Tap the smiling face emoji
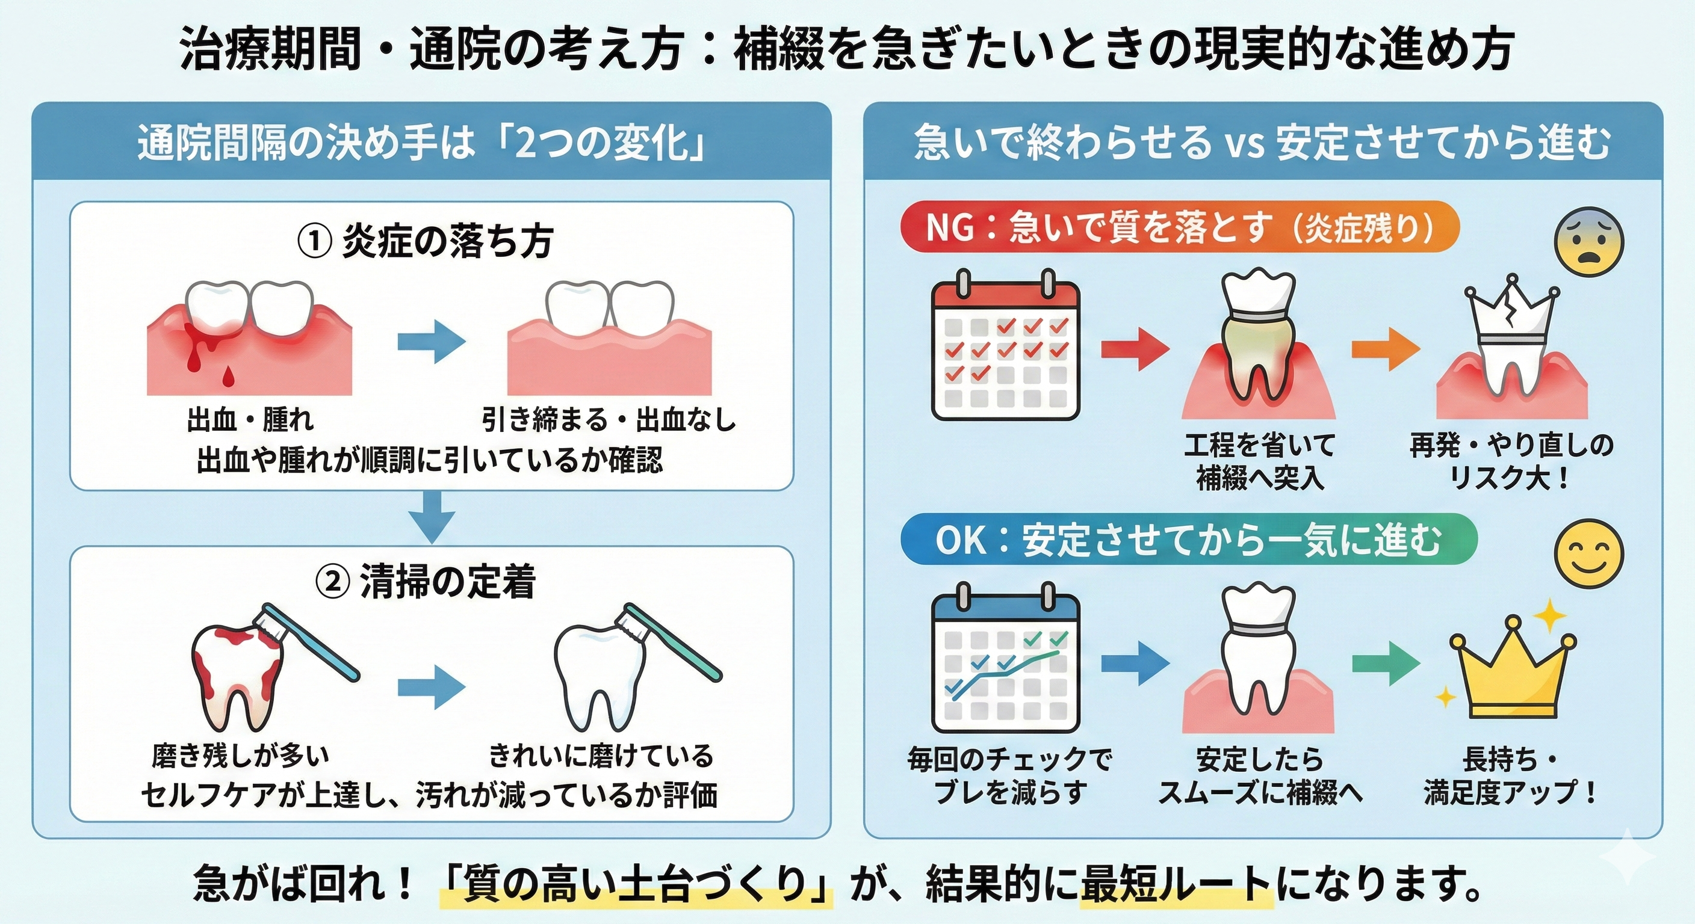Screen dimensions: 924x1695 1588,552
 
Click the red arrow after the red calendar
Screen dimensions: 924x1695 1135,348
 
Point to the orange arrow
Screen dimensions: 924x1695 1385,348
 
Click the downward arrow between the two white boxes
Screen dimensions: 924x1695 432,516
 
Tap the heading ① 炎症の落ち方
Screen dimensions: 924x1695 426,242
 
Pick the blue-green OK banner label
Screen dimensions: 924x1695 1188,541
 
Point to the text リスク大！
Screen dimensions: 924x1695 1511,478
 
